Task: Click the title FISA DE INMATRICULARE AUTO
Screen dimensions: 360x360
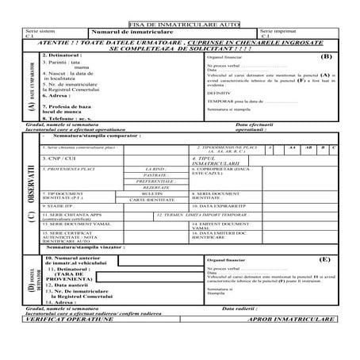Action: coord(179,26)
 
